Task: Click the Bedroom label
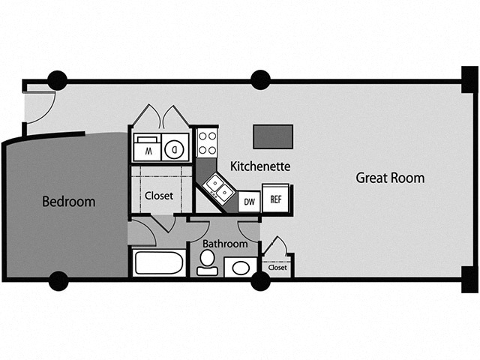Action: pyautogui.click(x=68, y=201)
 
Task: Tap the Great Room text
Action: pyautogui.click(x=390, y=178)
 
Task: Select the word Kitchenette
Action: pyautogui.click(x=259, y=165)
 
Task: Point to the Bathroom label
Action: pyautogui.click(x=225, y=244)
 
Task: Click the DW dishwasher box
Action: pyautogui.click(x=248, y=202)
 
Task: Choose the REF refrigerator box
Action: pyautogui.click(x=276, y=200)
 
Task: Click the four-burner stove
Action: pyautogui.click(x=207, y=143)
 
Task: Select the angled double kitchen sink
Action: pyautogui.click(x=218, y=187)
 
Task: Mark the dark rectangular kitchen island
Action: pyautogui.click(x=273, y=136)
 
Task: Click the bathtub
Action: pyautogui.click(x=158, y=263)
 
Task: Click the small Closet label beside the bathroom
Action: pyautogui.click(x=277, y=267)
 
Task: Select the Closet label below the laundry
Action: pyautogui.click(x=158, y=196)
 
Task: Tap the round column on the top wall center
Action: pyautogui.click(x=260, y=79)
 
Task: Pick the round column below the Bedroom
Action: pyautogui.click(x=58, y=281)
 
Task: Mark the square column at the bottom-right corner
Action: pyautogui.click(x=469, y=279)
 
